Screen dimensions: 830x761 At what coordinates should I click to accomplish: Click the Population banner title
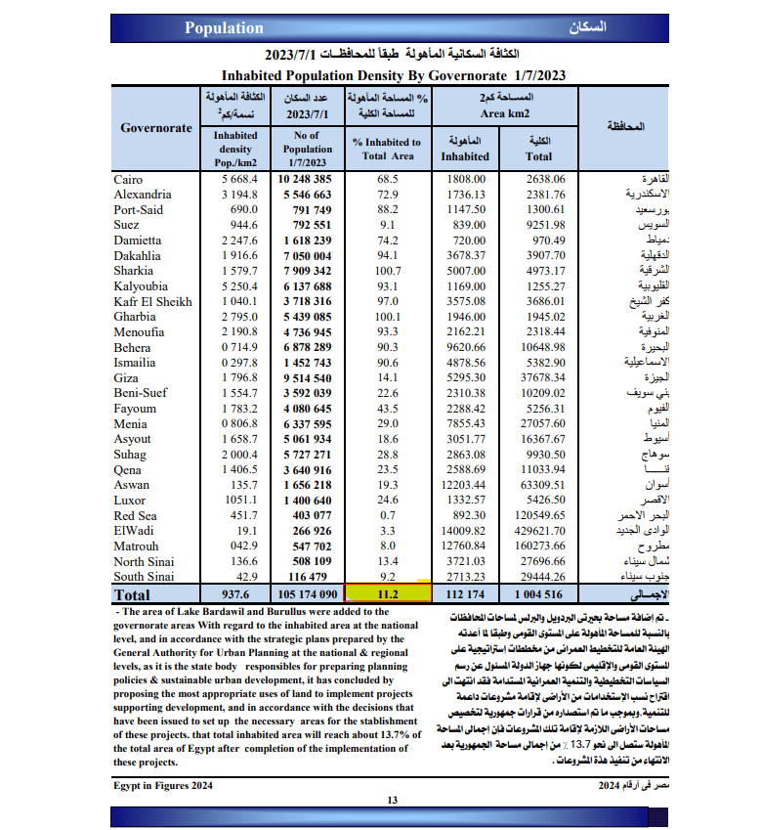point(224,28)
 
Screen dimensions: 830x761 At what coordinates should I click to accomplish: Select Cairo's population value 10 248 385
point(305,180)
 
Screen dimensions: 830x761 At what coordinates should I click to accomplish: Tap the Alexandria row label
point(143,195)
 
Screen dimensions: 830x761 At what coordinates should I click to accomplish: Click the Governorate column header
point(156,128)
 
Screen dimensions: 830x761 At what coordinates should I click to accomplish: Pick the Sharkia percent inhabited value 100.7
point(389,271)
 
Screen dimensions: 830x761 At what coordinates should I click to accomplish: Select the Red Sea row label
point(137,515)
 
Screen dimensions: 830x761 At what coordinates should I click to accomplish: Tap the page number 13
point(392,801)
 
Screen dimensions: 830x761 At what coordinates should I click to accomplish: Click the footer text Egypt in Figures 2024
point(163,785)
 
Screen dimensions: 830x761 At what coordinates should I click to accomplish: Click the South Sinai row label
point(144,577)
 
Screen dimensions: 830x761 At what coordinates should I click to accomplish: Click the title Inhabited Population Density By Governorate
point(393,74)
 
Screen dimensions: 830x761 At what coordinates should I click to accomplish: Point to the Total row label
point(133,594)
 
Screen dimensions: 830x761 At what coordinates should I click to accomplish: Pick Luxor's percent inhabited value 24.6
point(389,501)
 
